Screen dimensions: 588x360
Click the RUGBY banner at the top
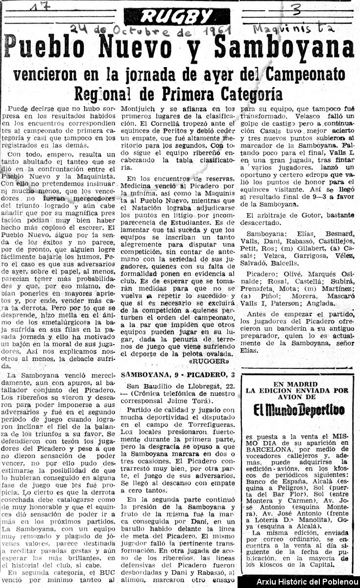tap(177, 17)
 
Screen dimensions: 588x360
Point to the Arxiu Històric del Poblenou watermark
tap(298, 582)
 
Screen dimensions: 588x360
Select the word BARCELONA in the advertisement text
tap(270, 449)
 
